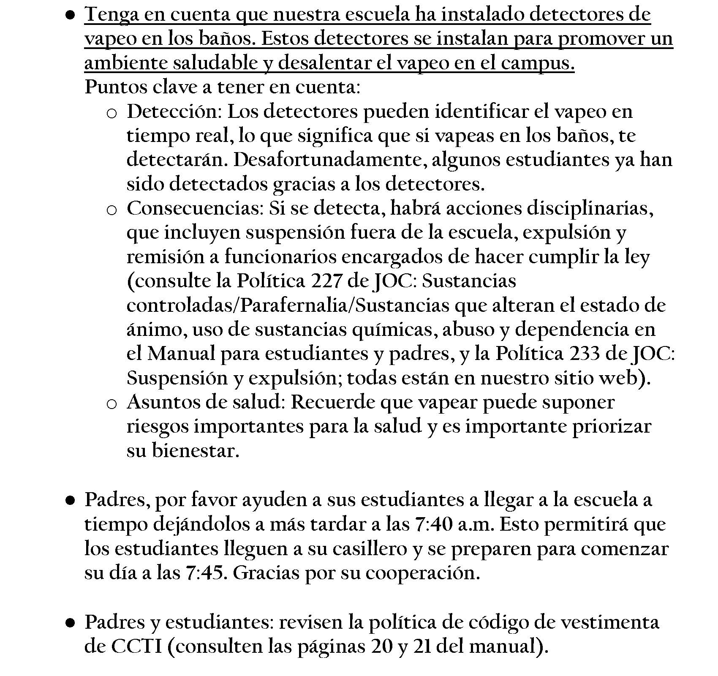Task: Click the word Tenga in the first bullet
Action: pyautogui.click(x=109, y=15)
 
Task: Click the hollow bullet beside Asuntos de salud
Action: pyautogui.click(x=112, y=404)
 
